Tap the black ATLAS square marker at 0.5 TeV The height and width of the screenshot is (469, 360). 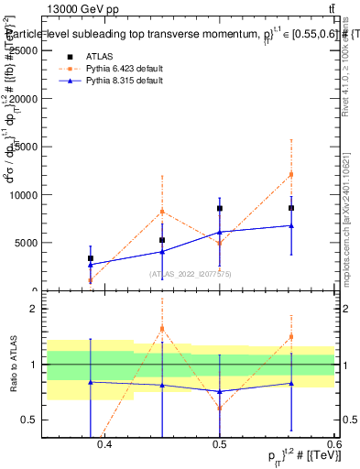tap(220, 209)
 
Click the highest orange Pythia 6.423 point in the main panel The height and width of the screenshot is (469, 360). tap(291, 174)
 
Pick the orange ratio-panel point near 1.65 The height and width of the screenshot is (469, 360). tap(162, 328)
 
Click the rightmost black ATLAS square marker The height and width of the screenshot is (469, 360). tap(291, 208)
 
